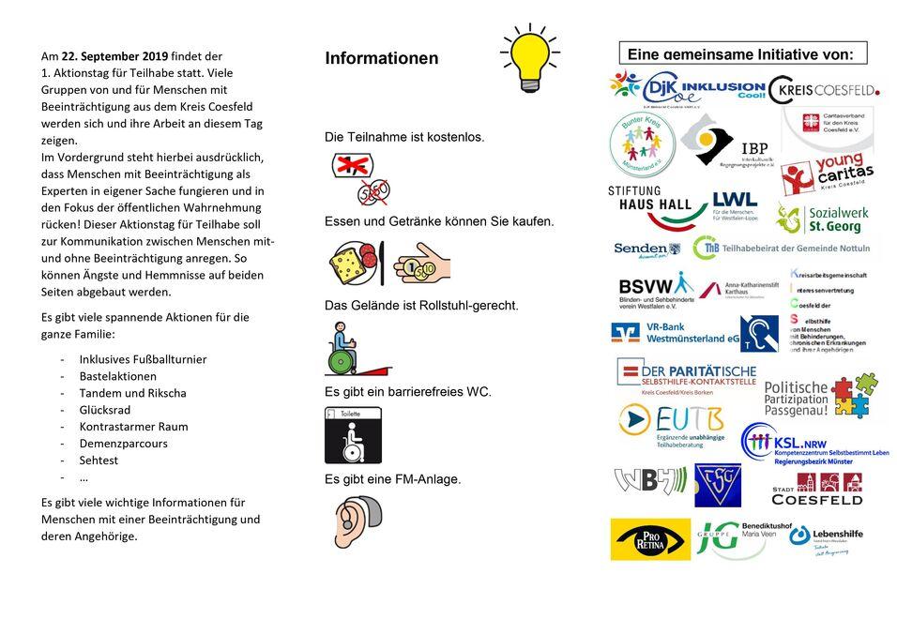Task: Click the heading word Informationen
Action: (381, 58)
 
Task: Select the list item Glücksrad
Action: (105, 409)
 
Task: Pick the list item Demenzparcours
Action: (123, 443)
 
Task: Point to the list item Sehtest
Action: (99, 460)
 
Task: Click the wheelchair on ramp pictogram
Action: (355, 349)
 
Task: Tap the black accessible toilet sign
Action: (353, 435)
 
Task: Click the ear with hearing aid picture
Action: (357, 521)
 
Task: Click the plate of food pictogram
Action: (355, 264)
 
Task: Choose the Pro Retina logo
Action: (649, 539)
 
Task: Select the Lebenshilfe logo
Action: (827, 537)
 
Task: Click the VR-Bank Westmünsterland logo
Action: (676, 333)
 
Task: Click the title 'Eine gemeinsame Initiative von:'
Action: (741, 53)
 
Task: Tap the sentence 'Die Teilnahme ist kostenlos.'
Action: (404, 137)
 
